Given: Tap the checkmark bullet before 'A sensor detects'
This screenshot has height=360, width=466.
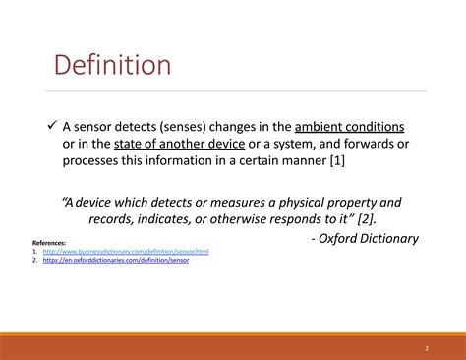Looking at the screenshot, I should (x=53, y=126).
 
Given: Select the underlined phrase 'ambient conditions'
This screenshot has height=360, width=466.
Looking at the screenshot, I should (x=349, y=127).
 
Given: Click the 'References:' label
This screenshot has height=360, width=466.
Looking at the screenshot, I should (x=50, y=242).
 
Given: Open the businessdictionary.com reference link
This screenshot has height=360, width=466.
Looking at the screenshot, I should (x=125, y=252).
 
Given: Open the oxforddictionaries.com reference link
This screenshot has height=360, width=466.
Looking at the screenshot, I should (x=115, y=260).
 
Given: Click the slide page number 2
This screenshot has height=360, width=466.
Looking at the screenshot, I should (x=427, y=348).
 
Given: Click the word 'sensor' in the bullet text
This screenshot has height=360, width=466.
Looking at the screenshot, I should (x=100, y=127).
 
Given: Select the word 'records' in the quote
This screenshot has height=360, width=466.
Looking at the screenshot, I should (x=114, y=218).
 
